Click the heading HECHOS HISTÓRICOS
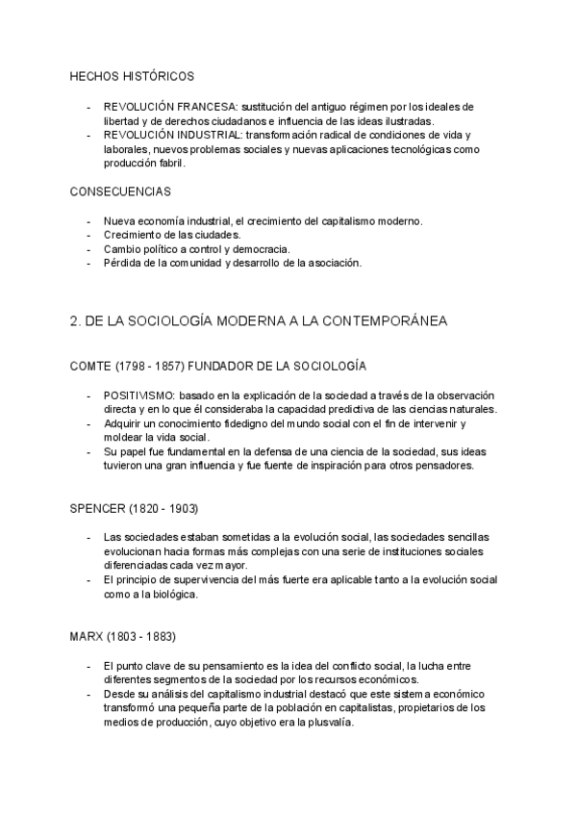[x=132, y=75]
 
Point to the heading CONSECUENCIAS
[x=120, y=191]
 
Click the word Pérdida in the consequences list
[x=122, y=263]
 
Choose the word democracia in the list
[x=262, y=249]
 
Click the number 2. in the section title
[x=75, y=321]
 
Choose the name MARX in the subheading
[x=88, y=637]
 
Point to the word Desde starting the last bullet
[x=119, y=694]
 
